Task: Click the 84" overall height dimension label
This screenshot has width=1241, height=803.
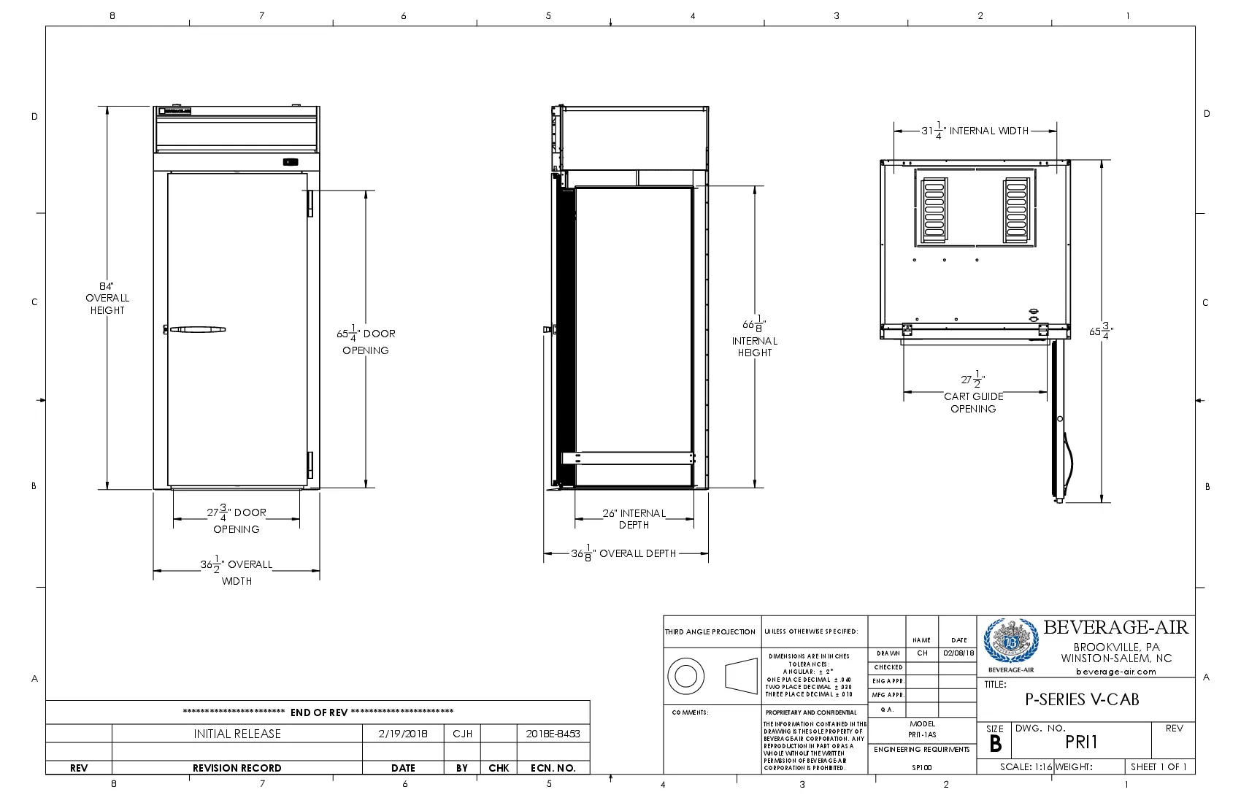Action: click(107, 298)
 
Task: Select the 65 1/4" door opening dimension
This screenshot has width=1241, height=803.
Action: click(366, 341)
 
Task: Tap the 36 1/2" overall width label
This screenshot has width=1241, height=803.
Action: click(236, 572)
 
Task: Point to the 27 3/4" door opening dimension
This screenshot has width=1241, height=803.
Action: click(236, 520)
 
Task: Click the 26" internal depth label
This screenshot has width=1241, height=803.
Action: click(634, 518)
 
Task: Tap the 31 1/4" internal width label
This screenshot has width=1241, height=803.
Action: click(975, 131)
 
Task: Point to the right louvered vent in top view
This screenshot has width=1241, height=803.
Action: click(1016, 210)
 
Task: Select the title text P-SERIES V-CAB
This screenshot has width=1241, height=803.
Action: click(1082, 699)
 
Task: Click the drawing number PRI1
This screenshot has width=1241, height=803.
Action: click(1081, 742)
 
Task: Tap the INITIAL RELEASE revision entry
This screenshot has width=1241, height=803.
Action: click(237, 734)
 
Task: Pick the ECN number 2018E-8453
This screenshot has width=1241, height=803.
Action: click(553, 734)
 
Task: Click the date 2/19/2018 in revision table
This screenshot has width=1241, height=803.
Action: click(403, 734)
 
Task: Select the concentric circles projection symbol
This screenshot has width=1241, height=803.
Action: click(686, 676)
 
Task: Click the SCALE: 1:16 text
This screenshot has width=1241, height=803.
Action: click(1026, 766)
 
